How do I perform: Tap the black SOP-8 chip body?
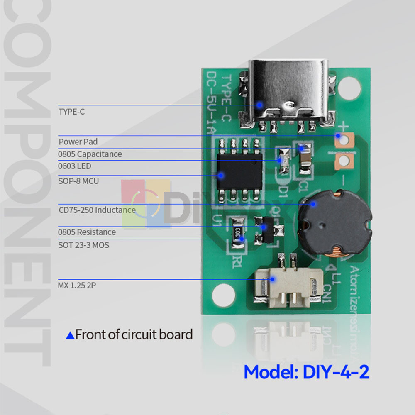[x=239, y=173]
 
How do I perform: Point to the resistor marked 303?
[x=238, y=232]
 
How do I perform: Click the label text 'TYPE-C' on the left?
[x=71, y=112]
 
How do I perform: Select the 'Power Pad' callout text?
[x=78, y=142]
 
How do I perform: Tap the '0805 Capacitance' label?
[x=90, y=154]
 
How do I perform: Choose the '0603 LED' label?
[x=75, y=166]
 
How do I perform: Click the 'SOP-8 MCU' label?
[x=78, y=181]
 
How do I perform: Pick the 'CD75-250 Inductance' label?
[x=97, y=210]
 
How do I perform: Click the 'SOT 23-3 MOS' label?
[x=83, y=245]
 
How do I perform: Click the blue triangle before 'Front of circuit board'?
[x=70, y=335]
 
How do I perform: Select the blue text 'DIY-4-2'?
[x=336, y=372]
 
